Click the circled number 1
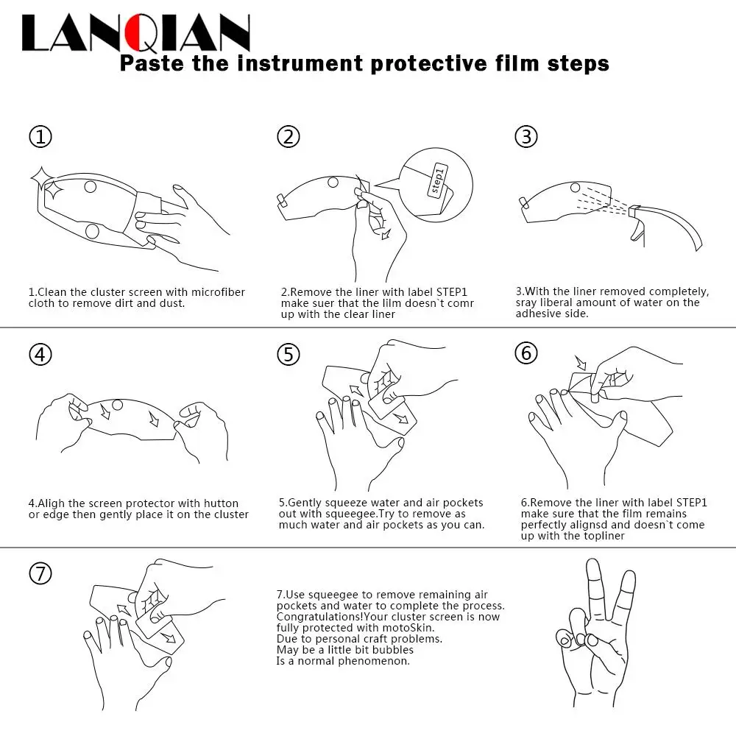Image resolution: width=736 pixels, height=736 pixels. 40,137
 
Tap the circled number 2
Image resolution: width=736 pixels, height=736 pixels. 289,137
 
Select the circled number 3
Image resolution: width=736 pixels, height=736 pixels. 526,137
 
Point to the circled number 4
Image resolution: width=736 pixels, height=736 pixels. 40,355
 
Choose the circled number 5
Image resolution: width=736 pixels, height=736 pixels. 289,355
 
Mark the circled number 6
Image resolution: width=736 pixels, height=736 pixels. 526,353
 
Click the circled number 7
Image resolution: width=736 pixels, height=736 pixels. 40,573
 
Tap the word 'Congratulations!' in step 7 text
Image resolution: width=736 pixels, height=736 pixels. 319,617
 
